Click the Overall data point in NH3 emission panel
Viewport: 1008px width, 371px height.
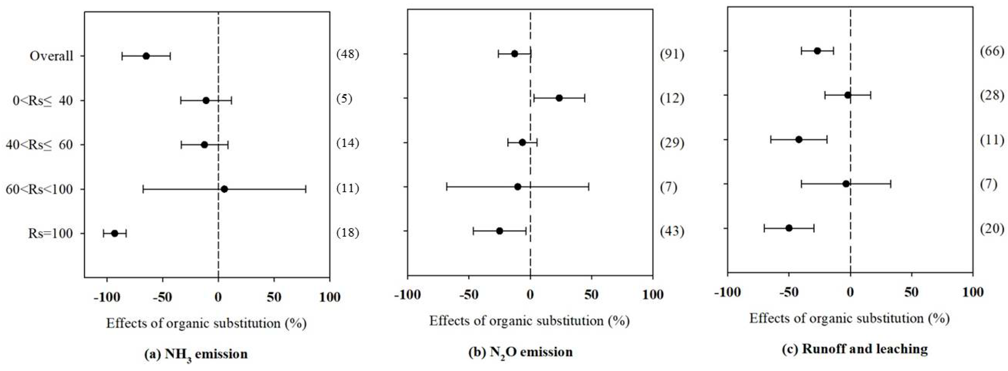[146, 56]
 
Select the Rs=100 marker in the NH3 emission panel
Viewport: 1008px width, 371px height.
[115, 233]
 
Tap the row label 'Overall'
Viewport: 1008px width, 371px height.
[51, 56]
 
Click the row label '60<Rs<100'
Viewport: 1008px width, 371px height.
[39, 189]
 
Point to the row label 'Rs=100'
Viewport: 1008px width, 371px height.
[50, 233]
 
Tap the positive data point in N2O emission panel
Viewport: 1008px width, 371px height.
[559, 98]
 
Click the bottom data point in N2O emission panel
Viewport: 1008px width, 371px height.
[499, 231]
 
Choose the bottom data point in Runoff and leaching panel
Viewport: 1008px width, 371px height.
[789, 228]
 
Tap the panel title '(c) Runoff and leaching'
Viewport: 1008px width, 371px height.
[854, 349]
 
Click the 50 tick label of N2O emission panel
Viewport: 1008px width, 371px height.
[591, 295]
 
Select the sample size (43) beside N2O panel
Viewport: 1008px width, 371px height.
[672, 231]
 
